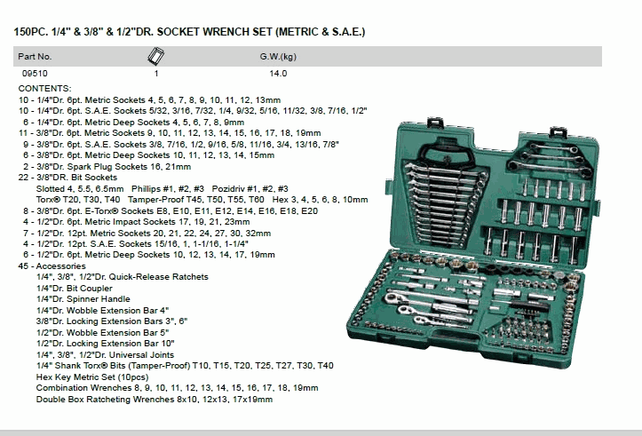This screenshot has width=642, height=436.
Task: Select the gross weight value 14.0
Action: point(279,75)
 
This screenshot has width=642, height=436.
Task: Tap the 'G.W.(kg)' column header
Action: point(277,56)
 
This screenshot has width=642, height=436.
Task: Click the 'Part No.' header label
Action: point(35,56)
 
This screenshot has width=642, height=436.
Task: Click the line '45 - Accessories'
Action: point(52,266)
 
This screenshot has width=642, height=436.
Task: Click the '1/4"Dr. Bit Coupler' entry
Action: point(76,288)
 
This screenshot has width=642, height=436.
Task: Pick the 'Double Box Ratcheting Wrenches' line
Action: point(155,399)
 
